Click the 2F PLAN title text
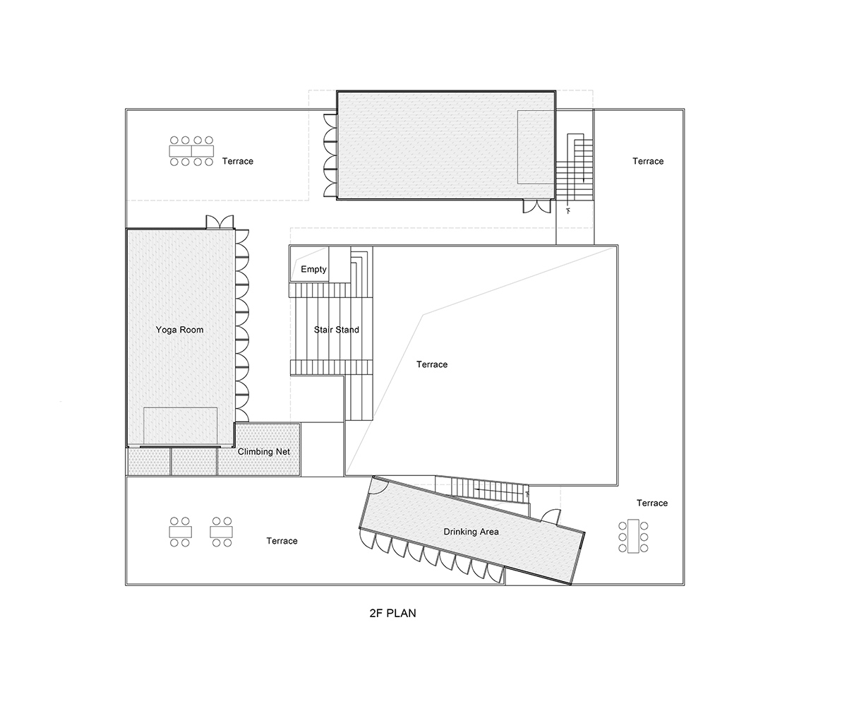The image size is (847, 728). pyautogui.click(x=392, y=613)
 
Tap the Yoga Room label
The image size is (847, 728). pyautogui.click(x=179, y=330)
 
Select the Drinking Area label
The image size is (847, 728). pyautogui.click(x=471, y=532)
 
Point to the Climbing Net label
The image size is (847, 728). pyautogui.click(x=264, y=452)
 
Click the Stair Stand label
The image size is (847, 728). pyautogui.click(x=337, y=330)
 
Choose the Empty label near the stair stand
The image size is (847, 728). pyautogui.click(x=313, y=269)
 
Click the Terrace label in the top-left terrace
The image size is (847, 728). pyautogui.click(x=238, y=161)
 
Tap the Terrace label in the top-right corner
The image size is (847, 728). pyautogui.click(x=648, y=161)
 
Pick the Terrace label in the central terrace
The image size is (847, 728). pyautogui.click(x=432, y=364)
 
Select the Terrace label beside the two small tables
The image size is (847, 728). pyautogui.click(x=282, y=541)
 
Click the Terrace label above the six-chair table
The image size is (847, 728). pyautogui.click(x=652, y=503)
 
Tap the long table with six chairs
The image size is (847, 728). pyautogui.click(x=634, y=537)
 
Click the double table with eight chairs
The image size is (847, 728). pyautogui.click(x=191, y=151)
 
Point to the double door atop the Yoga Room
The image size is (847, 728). pyautogui.click(x=220, y=222)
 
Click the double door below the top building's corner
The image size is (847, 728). pyautogui.click(x=537, y=207)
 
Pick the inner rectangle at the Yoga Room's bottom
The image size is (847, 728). pyautogui.click(x=180, y=426)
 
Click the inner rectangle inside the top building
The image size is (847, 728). pyautogui.click(x=536, y=147)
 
